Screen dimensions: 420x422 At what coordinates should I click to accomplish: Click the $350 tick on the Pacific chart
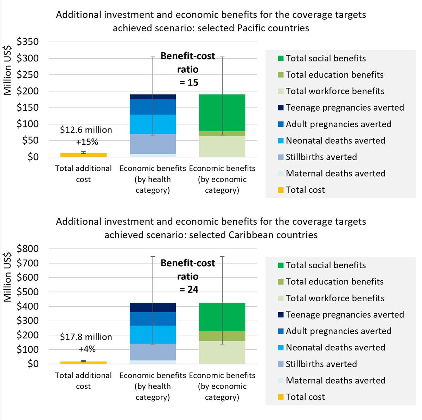coord(27,42)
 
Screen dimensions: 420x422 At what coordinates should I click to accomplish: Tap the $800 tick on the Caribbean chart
coord(27,249)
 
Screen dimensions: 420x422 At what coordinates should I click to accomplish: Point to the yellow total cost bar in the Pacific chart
coord(83,155)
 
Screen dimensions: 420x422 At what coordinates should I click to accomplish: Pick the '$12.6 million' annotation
coord(86,130)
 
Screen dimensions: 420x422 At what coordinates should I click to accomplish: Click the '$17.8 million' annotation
coord(86,337)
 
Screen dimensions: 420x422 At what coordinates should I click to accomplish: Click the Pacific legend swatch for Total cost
coord(280,190)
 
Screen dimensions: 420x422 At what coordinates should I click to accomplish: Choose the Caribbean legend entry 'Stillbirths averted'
coord(321,364)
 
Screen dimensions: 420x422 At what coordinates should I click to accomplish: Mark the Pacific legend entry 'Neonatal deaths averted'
coord(335,140)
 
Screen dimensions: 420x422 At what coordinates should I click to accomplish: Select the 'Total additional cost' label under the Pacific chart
coord(83,173)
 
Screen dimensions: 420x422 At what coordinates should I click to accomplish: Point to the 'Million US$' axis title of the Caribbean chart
coord(8,277)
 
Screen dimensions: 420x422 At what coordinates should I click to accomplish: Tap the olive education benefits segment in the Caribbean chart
coord(222,336)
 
